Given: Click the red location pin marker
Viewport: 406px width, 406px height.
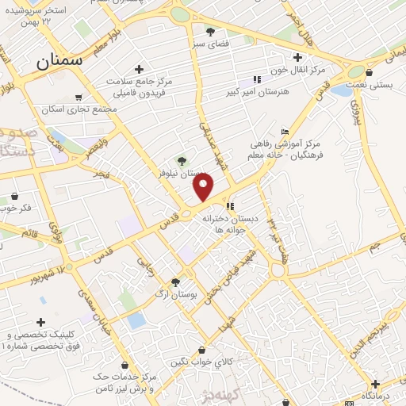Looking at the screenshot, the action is tap(205, 188).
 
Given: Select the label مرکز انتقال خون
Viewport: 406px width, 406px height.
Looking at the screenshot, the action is tap(296, 71).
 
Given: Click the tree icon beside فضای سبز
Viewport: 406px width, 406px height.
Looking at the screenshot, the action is tap(209, 33).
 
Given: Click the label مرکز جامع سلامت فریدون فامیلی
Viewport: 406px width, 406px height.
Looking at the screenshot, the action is tap(140, 86).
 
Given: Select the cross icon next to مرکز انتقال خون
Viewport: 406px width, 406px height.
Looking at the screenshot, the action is tap(297, 57).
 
